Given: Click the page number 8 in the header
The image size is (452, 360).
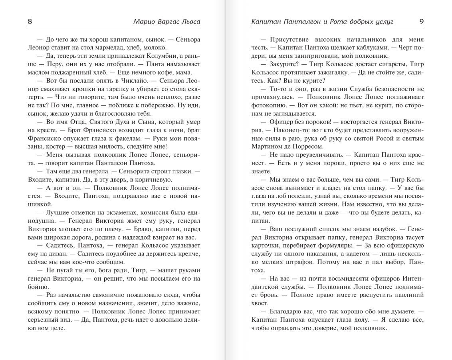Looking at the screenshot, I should [30, 22].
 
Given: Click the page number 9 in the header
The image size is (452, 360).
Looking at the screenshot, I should [422, 22].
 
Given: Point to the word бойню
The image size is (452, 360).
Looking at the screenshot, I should [38, 286].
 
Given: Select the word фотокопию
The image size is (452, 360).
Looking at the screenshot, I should [267, 105].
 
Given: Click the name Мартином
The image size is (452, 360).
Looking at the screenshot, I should [267, 146].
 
